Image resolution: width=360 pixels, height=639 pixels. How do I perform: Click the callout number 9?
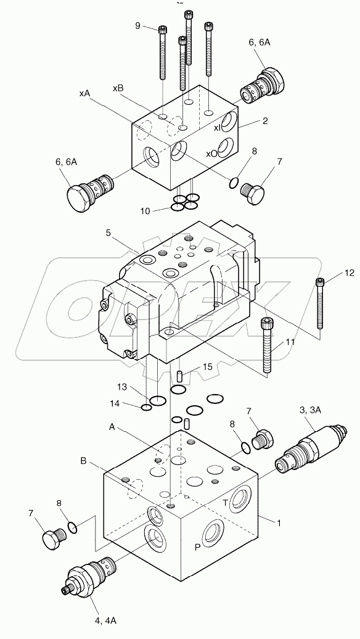click(x=138, y=26)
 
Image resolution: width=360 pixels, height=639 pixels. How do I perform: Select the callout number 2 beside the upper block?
click(x=265, y=121)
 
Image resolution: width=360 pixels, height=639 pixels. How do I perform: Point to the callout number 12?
click(x=332, y=271)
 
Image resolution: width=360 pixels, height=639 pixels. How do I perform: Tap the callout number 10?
click(x=145, y=210)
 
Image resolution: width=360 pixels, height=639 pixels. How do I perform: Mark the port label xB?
click(x=118, y=88)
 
